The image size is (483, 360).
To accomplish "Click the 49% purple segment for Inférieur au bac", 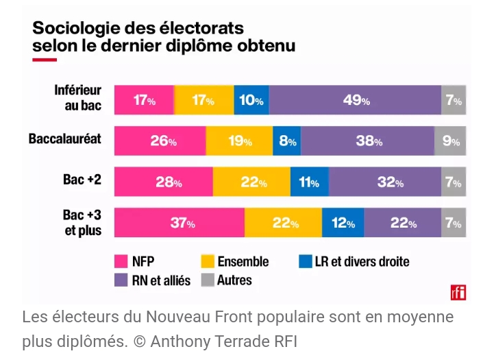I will pos(355,100).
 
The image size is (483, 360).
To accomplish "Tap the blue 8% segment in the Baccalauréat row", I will pos(286,141).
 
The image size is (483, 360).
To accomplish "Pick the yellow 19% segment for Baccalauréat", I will pos(239,141).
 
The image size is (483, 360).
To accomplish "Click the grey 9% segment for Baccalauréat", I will pos(450,141).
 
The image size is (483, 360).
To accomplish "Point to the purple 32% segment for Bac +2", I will pos(385,182).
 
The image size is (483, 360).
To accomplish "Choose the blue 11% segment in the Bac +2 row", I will pos(310,182).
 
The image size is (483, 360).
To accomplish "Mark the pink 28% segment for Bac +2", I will pos(164,182).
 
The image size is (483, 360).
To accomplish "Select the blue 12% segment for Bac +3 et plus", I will pos(343,223).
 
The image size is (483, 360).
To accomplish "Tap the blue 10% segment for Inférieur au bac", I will pos(251,100).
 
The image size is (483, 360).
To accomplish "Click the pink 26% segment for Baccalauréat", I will pos(160,141).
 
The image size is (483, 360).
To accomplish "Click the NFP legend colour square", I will pos(121,261).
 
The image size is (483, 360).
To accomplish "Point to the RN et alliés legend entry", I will pos(161,280).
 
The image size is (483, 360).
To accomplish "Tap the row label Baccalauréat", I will pos(65,139).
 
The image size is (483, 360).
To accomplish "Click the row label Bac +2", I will pos(83,180).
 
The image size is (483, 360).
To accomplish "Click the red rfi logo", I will pos(458,292).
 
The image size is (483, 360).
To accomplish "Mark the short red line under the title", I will pos(45,60).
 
